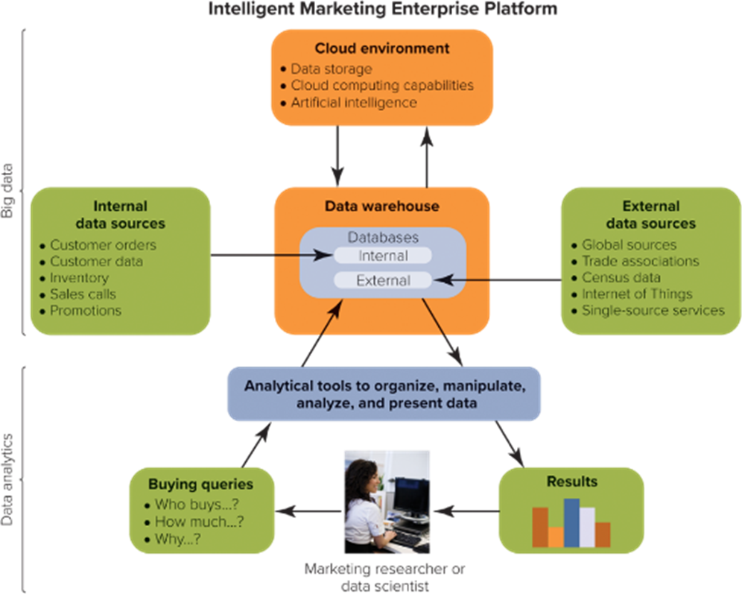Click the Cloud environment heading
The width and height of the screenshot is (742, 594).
tap(381, 48)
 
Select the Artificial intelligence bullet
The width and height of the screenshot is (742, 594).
tap(353, 102)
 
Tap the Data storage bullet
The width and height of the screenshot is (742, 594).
tap(331, 69)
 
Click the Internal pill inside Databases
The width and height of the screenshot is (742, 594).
tap(382, 256)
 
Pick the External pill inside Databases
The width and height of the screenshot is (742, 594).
tap(382, 281)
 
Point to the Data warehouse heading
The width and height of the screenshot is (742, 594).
tap(381, 206)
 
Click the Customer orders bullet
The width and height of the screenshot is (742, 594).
tap(103, 244)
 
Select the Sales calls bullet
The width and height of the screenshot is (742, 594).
tap(83, 294)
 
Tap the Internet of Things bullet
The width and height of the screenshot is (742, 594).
tap(637, 294)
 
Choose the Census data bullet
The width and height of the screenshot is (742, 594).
tap(621, 277)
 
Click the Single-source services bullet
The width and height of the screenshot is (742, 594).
tap(653, 310)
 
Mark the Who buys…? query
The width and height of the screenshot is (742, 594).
tap(196, 505)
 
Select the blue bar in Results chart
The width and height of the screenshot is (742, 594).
tap(571, 522)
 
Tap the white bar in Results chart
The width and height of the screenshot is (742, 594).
tap(588, 527)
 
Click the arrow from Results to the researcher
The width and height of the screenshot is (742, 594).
tap(466, 511)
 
